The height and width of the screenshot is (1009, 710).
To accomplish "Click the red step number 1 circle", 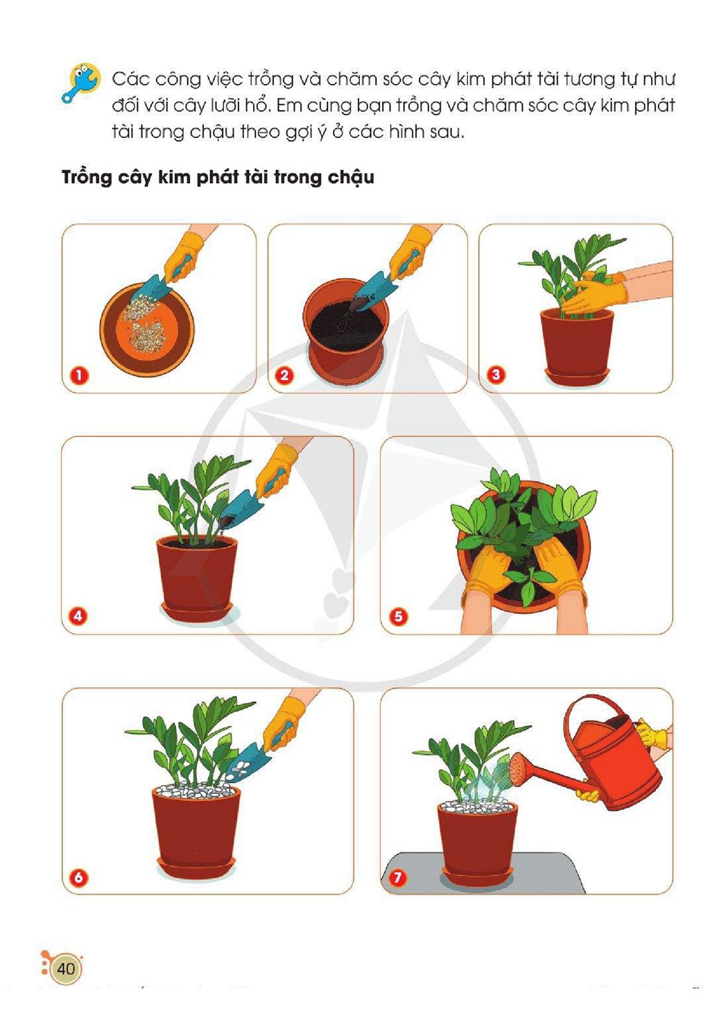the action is (79, 375).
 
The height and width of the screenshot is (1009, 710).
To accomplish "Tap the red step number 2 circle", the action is (285, 374).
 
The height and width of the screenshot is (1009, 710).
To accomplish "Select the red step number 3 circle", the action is (496, 374).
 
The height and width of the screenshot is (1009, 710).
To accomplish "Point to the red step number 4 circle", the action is (78, 615).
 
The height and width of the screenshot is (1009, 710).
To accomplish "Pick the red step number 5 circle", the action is (398, 615).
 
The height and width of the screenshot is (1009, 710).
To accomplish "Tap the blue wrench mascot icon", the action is (81, 83).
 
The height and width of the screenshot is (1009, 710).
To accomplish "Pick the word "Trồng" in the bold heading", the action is (87, 178).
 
